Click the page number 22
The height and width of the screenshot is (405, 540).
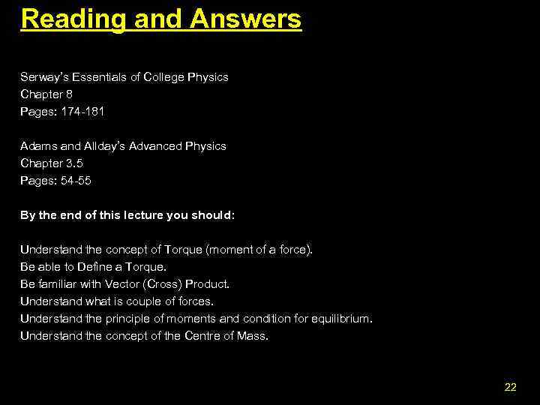[511, 387]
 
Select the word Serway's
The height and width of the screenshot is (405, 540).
[44, 77]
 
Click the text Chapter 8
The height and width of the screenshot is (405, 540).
[46, 94]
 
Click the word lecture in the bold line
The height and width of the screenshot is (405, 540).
[143, 215]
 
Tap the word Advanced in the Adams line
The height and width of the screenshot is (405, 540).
[160, 146]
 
